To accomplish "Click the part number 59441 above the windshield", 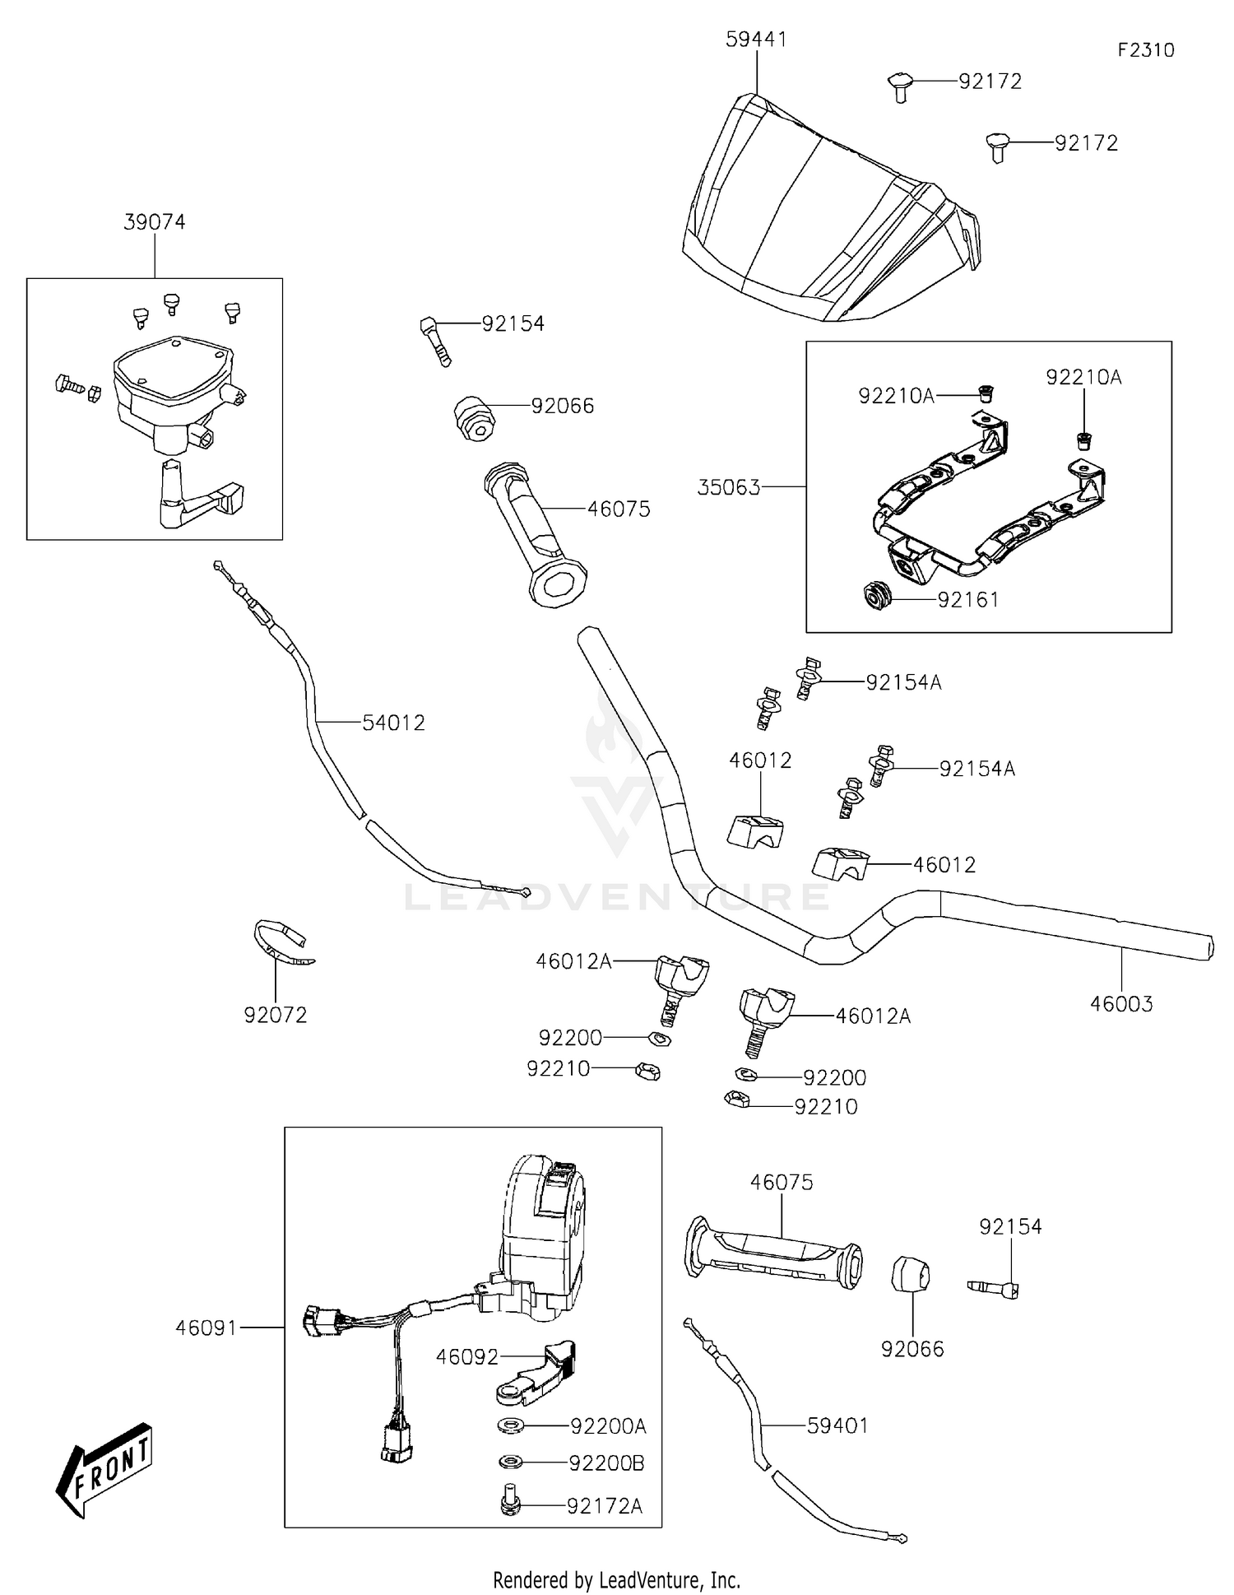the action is coord(756,40).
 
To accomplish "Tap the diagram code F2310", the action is coord(1145,50).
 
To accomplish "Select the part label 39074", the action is coord(155,222).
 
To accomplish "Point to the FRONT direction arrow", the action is coord(104,1468).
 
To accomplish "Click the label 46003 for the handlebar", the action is coord(1121,1004).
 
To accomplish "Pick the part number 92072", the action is coord(276,1016).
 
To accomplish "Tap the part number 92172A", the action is coord(605,1506).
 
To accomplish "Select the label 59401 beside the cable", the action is coord(837,1425).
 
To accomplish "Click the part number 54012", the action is coord(394,723).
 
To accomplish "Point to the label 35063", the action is coord(729,487).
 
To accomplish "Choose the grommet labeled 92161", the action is coord(878,595).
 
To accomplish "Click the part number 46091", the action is coord(206,1328).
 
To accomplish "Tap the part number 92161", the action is coord(968,600).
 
